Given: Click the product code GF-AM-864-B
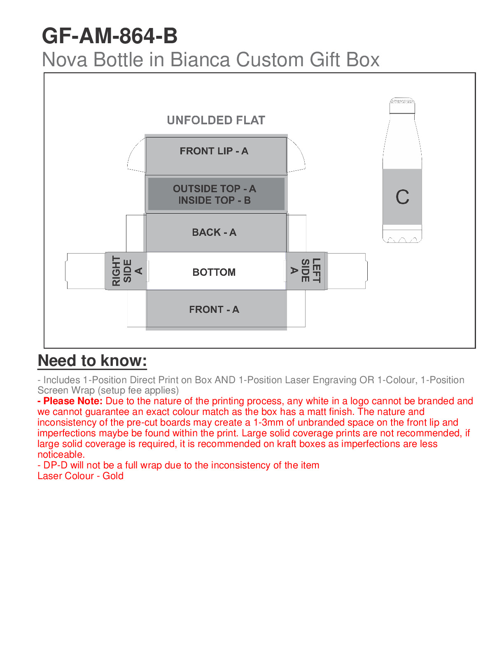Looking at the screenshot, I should click(x=110, y=36).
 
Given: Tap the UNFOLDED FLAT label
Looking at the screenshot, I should click(x=216, y=120).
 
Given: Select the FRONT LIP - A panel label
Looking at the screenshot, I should click(x=214, y=151).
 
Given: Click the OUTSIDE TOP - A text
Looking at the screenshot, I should click(x=214, y=189).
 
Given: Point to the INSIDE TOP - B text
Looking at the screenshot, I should click(x=214, y=200).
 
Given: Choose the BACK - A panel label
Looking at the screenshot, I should click(x=214, y=233).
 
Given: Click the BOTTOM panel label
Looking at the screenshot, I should click(x=214, y=272).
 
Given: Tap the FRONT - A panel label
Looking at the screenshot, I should click(x=214, y=310).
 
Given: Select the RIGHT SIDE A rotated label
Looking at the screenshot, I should click(x=127, y=271).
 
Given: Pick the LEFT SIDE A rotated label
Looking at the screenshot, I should click(x=306, y=270).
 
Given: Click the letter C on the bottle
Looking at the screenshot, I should click(x=402, y=197).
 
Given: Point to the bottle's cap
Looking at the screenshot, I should click(x=402, y=106).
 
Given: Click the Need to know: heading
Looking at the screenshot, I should click(x=92, y=361).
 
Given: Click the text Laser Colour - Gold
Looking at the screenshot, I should click(x=80, y=476).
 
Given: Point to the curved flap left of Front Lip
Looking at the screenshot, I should click(x=136, y=156).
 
